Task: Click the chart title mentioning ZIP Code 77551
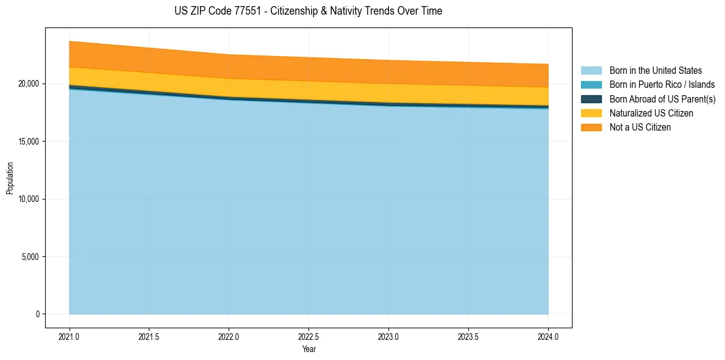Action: [308, 11]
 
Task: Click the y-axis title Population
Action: [10, 178]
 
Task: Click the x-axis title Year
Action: [309, 349]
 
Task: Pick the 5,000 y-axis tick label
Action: [29, 257]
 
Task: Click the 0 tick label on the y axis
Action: [37, 314]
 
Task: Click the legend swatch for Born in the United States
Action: [591, 71]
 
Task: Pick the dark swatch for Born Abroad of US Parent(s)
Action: [591, 99]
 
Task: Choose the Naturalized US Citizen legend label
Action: [651, 113]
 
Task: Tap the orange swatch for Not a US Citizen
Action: [591, 128]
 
